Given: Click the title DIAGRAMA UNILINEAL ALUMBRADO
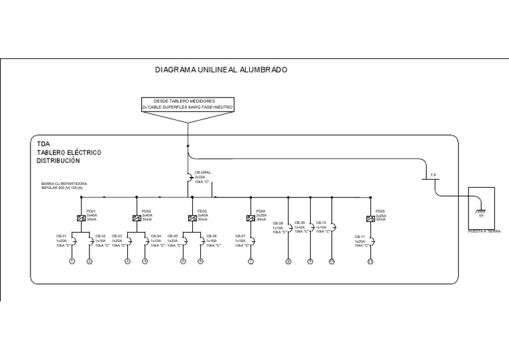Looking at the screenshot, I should [221, 69].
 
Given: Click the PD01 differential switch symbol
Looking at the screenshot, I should [80, 217].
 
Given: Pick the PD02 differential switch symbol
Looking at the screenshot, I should [135, 217].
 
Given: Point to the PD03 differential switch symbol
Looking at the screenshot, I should [191, 217].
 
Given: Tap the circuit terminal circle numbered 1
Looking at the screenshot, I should [72, 261].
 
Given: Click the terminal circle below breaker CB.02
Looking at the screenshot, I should [89, 261].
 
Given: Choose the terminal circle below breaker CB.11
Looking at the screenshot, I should [370, 261].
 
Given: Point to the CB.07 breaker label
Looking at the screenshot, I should [240, 236].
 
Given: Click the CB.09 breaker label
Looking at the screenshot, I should [298, 223].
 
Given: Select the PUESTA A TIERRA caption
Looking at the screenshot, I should [484, 231].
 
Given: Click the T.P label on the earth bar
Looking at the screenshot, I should [433, 175].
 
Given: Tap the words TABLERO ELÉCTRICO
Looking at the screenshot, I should [69, 152].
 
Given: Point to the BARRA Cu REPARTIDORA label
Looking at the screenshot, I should [64, 184].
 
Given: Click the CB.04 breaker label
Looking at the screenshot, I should [156, 236].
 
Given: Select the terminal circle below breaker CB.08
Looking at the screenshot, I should [288, 261].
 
